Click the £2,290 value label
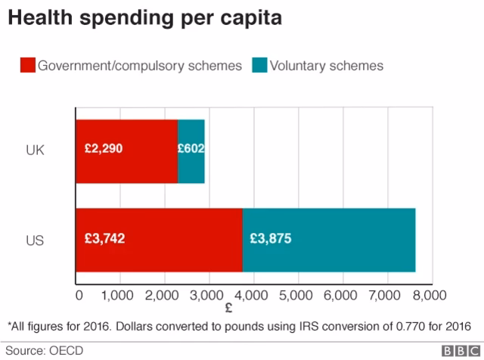[103, 149]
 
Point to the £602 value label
[191, 149]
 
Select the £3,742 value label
[105, 239]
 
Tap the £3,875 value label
[270, 239]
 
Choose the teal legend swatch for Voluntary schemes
[261, 66]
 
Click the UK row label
[35, 150]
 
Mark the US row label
[35, 241]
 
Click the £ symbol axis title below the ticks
[228, 309]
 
